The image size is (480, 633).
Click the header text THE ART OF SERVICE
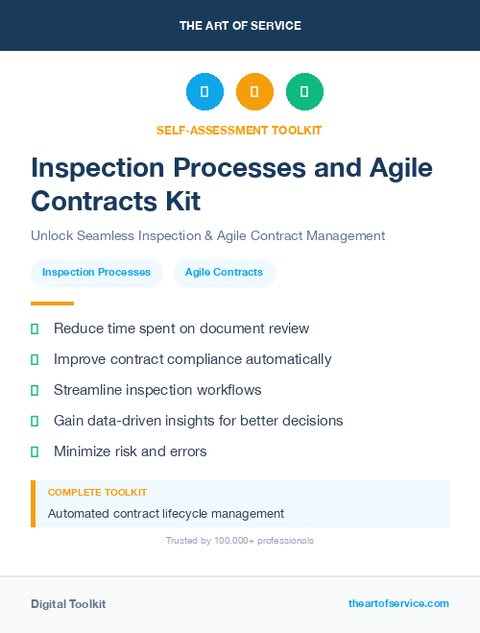[x=240, y=26]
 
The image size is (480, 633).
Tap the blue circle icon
[x=204, y=91]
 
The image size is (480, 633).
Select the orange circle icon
[x=254, y=91]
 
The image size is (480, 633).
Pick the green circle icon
[x=304, y=91]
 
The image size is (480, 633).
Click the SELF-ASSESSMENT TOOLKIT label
[x=240, y=130]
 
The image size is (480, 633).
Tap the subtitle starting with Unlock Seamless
[x=207, y=235]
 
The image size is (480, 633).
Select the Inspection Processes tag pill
[x=96, y=273]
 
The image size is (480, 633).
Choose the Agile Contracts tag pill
[x=224, y=273]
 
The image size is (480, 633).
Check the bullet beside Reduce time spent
[x=35, y=329]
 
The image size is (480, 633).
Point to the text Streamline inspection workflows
[x=157, y=390]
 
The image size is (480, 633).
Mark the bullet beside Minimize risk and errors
[x=35, y=451]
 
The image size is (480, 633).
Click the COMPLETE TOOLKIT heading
[x=97, y=492]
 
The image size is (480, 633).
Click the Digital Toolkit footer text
[x=68, y=604]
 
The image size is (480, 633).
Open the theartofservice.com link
[x=398, y=603]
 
